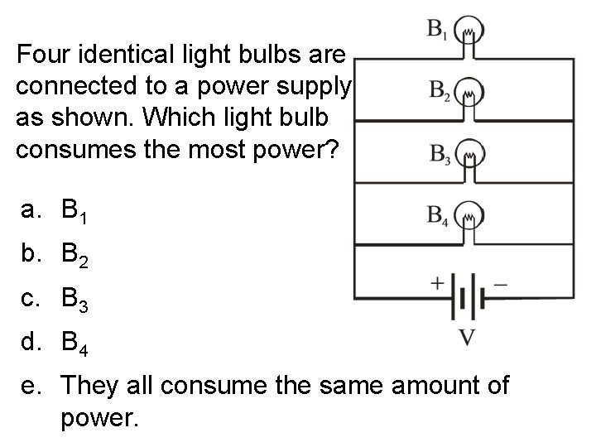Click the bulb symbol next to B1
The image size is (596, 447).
click(x=471, y=31)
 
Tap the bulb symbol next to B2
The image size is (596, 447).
click(x=471, y=93)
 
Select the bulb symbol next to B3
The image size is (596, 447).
click(x=471, y=154)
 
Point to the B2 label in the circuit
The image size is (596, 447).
click(x=439, y=90)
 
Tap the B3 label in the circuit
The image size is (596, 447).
click(x=439, y=154)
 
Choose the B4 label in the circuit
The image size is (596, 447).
click(x=439, y=216)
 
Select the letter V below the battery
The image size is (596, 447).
click(x=466, y=338)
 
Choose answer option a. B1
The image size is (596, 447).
click(x=67, y=211)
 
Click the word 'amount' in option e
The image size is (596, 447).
click(x=399, y=387)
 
